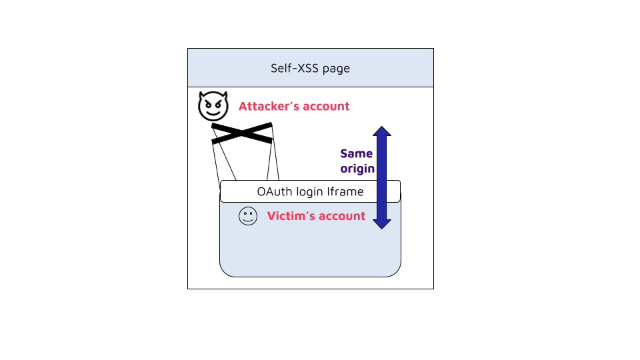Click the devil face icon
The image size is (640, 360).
[x=213, y=107]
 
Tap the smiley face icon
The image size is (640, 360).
[x=247, y=217]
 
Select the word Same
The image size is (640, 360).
[x=357, y=154]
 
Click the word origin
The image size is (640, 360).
[x=357, y=169]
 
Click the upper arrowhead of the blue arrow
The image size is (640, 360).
[x=381, y=131]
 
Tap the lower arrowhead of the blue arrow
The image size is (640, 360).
[x=381, y=223]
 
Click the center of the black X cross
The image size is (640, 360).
[x=241, y=133]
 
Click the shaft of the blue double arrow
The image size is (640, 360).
[x=381, y=177]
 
